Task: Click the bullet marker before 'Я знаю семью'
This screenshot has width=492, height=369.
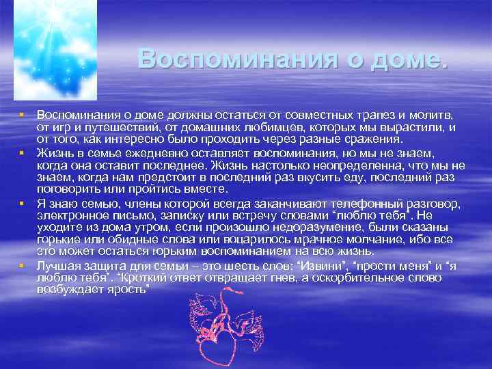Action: pos(23,203)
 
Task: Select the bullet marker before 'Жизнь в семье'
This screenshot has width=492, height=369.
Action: pos(23,154)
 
